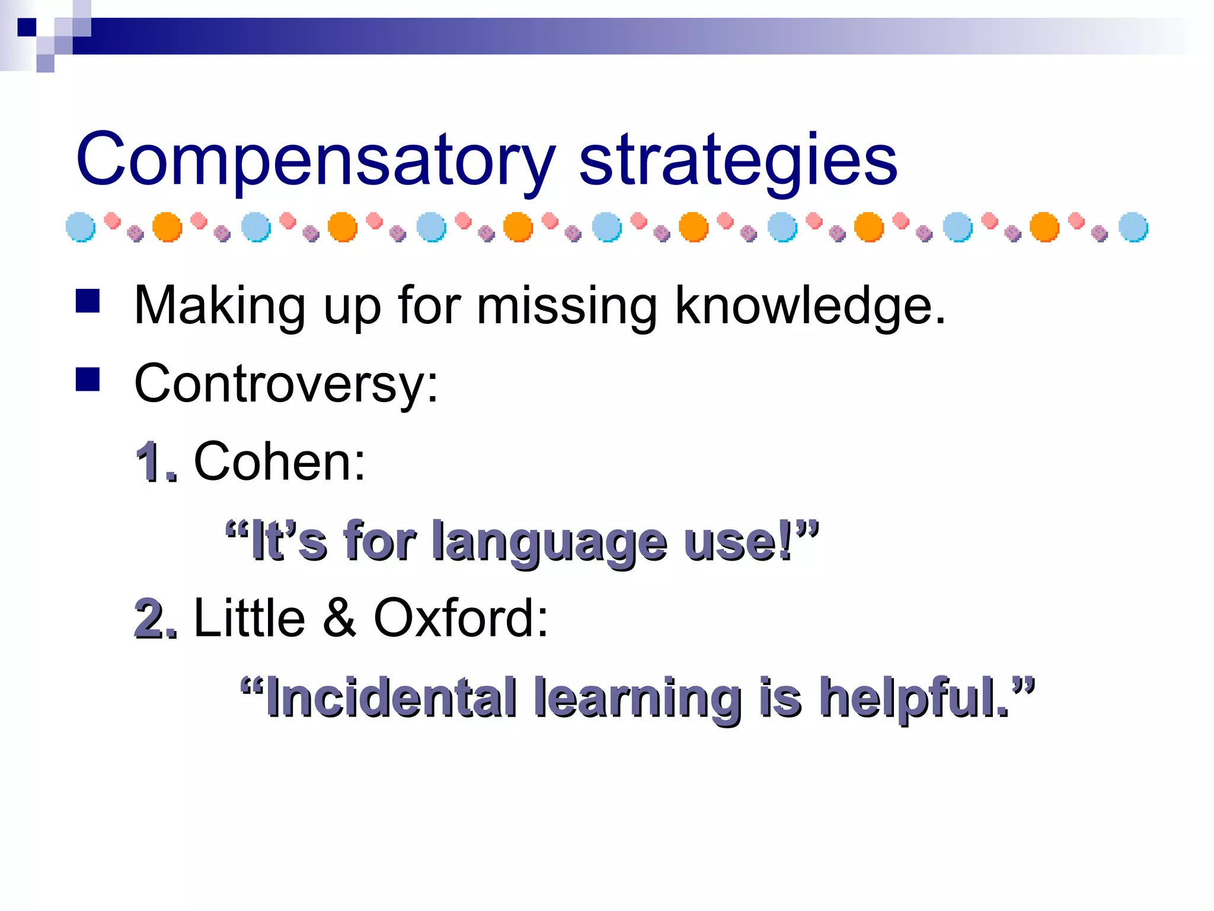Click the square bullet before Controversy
(x=88, y=380)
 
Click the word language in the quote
(x=550, y=541)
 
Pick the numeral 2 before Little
(x=152, y=619)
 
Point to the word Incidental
(x=392, y=697)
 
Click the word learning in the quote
(x=637, y=699)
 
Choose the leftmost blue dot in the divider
(x=81, y=227)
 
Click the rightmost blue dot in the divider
(x=1133, y=227)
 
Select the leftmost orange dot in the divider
(x=167, y=227)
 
